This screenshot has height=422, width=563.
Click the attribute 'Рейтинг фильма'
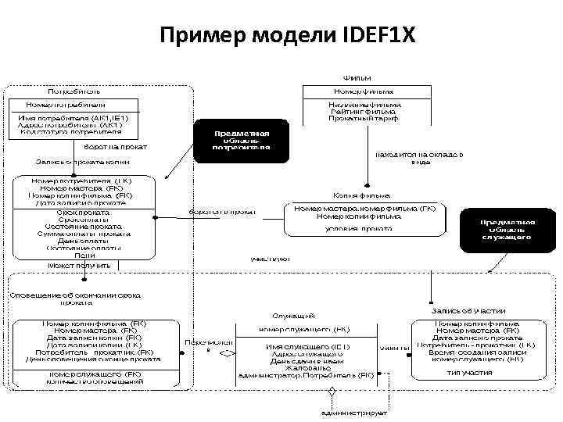pyautogui.click(x=364, y=112)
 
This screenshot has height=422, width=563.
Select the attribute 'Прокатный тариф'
pyautogui.click(x=364, y=120)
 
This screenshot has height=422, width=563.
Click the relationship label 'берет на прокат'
pyautogui.click(x=115, y=146)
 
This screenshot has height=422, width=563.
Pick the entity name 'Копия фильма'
pyautogui.click(x=362, y=195)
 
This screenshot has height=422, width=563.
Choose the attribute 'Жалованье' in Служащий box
pyautogui.click(x=300, y=368)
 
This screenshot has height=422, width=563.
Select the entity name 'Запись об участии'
pyautogui.click(x=468, y=311)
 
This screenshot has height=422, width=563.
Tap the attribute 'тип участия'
pyautogui.click(x=469, y=373)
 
